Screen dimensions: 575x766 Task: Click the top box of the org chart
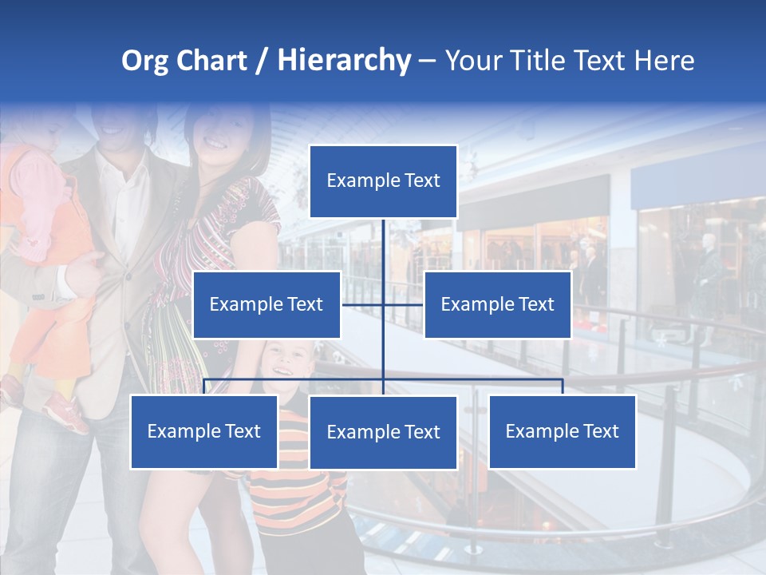[383, 181]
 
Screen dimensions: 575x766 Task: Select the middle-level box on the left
[266, 304]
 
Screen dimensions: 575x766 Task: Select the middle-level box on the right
[497, 304]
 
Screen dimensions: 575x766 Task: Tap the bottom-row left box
[203, 431]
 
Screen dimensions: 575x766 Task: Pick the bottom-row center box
[383, 432]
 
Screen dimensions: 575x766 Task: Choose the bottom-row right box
[562, 431]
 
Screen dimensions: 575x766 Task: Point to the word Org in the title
[144, 61]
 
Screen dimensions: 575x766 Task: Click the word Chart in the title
[211, 61]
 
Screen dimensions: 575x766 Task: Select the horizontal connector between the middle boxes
[383, 304]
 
